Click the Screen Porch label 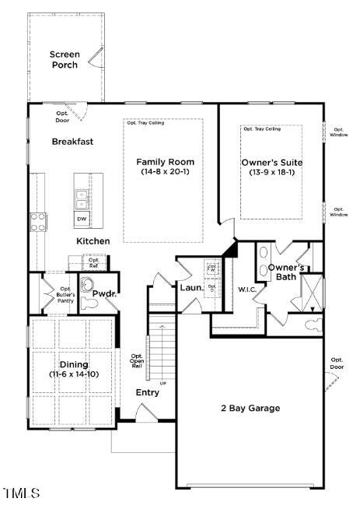[65, 60]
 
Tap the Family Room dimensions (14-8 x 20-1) [163, 170]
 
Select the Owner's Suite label [271, 162]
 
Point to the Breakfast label [72, 142]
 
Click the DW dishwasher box [81, 219]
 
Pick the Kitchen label [93, 241]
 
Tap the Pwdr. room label [105, 294]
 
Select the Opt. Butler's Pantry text [65, 295]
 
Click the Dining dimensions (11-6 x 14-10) [74, 374]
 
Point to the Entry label [147, 392]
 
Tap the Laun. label [191, 288]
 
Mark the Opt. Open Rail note [137, 361]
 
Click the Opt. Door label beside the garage [336, 363]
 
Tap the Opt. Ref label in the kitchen [93, 263]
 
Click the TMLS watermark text [20, 493]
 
